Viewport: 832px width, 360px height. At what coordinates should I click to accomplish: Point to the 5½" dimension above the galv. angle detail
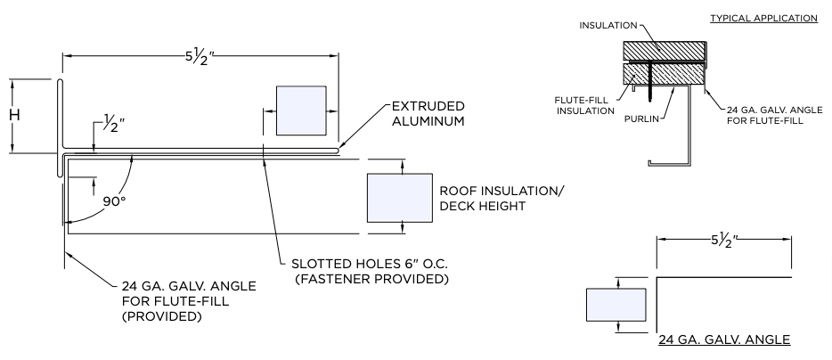tap(724, 240)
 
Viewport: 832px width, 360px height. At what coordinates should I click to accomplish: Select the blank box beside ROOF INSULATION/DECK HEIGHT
tap(399, 198)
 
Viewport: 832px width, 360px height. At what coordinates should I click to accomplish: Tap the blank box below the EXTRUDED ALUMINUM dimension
tap(300, 110)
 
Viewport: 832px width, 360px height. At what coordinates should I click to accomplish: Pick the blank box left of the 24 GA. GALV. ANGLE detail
tap(616, 306)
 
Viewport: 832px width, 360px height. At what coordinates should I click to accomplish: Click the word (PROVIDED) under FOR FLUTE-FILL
tap(160, 315)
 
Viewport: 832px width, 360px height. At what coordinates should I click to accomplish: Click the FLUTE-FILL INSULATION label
tap(585, 104)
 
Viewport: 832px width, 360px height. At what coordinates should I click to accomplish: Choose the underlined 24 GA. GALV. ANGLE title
tap(724, 340)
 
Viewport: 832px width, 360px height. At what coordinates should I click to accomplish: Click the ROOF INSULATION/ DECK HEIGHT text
tap(502, 199)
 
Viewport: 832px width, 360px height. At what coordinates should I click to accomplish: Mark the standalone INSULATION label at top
tap(608, 26)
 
